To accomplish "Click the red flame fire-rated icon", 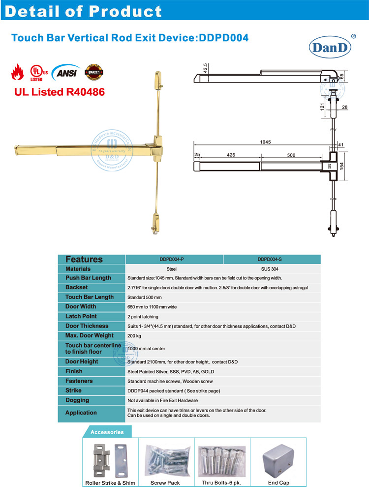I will click(x=18, y=72).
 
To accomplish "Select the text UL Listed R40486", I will click(x=58, y=91).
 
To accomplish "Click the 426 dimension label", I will click(x=231, y=155).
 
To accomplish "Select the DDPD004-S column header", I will click(x=272, y=259).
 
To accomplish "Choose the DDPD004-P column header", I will click(x=175, y=259).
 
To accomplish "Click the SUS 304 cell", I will click(x=272, y=269).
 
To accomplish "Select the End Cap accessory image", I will click(x=278, y=460).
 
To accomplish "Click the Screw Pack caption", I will click(x=165, y=483).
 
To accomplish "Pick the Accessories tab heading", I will click(x=107, y=432).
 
